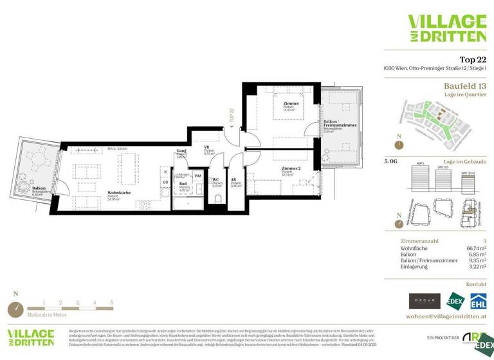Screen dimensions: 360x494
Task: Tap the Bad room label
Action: (183, 184)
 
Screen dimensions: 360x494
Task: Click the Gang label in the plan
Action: (181, 152)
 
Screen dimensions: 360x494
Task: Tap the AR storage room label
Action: (235, 180)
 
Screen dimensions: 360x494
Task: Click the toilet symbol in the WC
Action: (217, 199)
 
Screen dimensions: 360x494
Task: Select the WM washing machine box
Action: (197, 175)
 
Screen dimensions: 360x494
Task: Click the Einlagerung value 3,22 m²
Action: (475, 266)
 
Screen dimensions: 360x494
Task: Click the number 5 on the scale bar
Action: (111, 301)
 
